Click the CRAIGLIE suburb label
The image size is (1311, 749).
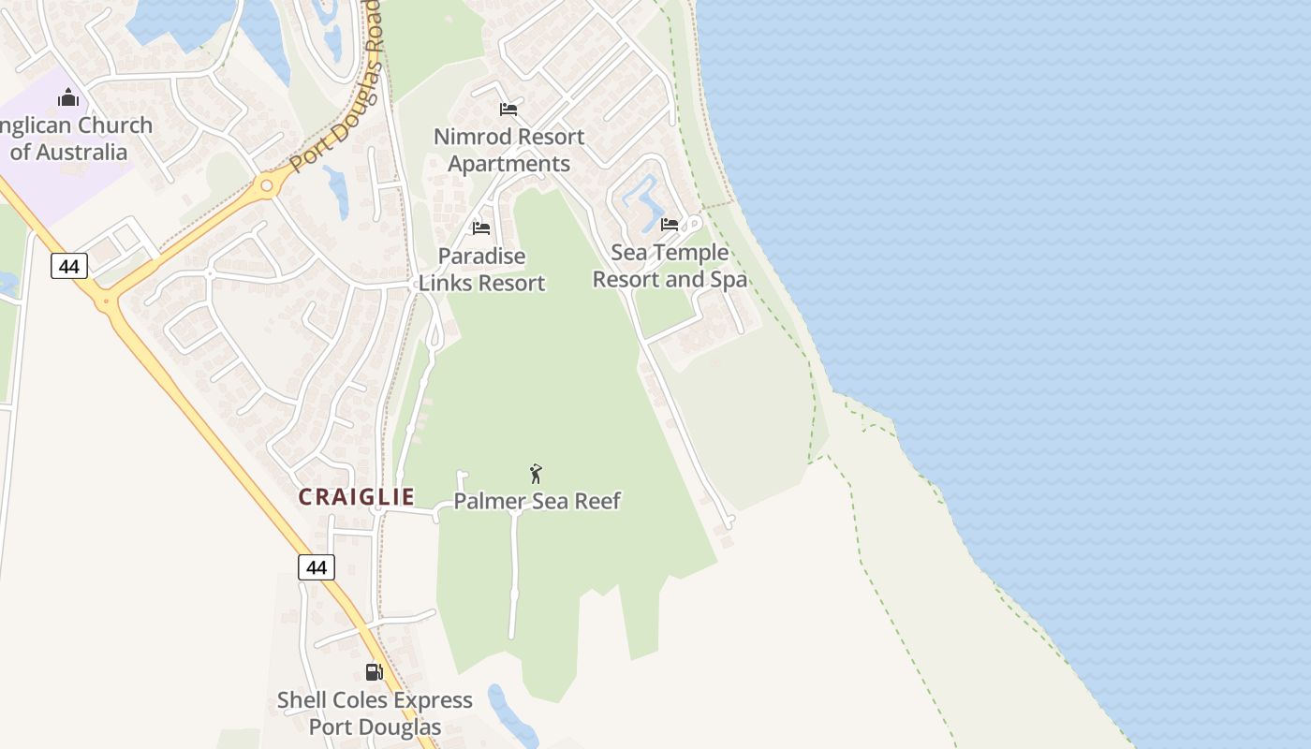356,497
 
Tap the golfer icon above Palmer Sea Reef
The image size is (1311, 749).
536,474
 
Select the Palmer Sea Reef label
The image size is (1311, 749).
537,501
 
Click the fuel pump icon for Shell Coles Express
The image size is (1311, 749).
374,672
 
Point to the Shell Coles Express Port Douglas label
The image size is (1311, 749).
375,713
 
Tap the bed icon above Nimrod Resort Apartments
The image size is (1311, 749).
508,110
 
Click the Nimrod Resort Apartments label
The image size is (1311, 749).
508,150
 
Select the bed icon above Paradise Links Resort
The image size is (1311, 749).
481,228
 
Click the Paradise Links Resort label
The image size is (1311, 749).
481,269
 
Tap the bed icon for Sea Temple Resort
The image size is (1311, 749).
670,225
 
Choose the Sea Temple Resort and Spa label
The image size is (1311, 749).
670,266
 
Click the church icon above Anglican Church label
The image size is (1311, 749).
68,97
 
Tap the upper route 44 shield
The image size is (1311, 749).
68,267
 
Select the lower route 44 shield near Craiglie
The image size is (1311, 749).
317,567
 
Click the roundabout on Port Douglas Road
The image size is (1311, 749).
268,185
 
